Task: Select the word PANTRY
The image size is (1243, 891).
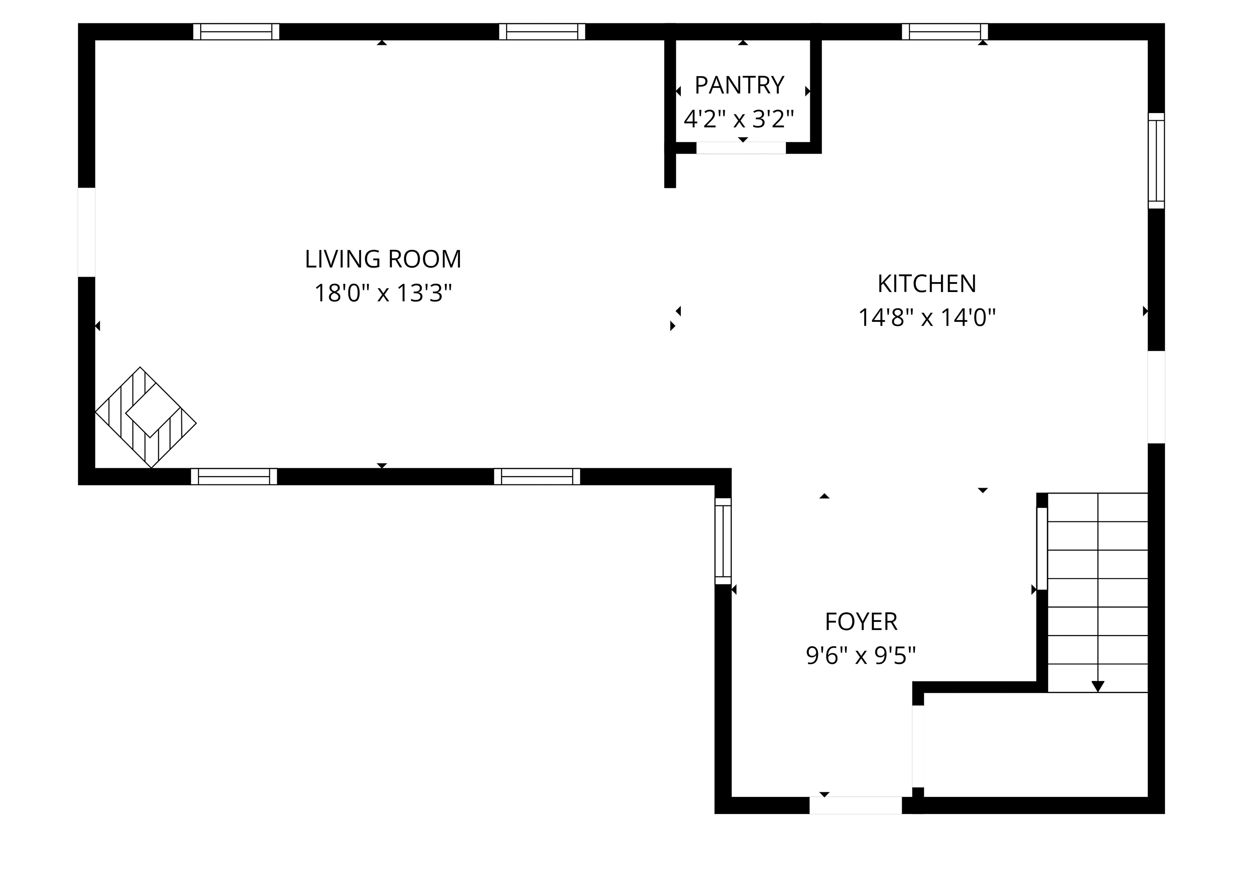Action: point(739,85)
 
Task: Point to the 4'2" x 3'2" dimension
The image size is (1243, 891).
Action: point(739,119)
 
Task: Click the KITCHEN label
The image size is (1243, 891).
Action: point(927,284)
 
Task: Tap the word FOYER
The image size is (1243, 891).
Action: point(861,622)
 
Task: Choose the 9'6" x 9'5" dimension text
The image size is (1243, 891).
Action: point(861,655)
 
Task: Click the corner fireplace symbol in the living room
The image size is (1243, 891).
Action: point(146,418)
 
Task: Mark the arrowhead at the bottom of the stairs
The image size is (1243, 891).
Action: point(1098,686)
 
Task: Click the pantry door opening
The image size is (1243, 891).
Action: point(740,148)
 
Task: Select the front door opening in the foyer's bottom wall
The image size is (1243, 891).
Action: point(856,805)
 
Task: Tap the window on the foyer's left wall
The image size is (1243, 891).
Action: point(723,541)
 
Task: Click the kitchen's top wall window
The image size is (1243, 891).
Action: point(945,32)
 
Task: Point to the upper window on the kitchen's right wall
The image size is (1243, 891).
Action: point(1156,161)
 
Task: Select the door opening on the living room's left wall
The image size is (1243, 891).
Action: point(87,232)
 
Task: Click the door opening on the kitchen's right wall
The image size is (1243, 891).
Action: point(1156,397)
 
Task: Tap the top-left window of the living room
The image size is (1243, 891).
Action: point(236,32)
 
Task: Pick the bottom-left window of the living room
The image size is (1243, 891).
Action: point(234,477)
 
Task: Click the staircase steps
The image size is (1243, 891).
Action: point(1098,592)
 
